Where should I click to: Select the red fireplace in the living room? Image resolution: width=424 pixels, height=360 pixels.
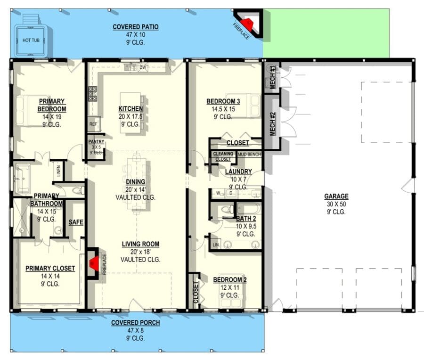pyautogui.click(x=95, y=263)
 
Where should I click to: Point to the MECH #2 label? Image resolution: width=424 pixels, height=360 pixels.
pyautogui.click(x=272, y=123)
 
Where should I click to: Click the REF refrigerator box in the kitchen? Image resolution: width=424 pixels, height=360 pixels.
pyautogui.click(x=92, y=124)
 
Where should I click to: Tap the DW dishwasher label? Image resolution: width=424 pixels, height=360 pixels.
pyautogui.click(x=142, y=68)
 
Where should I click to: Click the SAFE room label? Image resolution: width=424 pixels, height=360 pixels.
pyautogui.click(x=75, y=222)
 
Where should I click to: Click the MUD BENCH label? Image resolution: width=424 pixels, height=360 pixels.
pyautogui.click(x=249, y=154)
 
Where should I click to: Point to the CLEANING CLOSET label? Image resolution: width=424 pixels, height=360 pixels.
pyautogui.click(x=222, y=156)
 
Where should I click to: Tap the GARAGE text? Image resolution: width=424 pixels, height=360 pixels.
pyautogui.click(x=336, y=196)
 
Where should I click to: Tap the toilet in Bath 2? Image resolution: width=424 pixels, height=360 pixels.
pyautogui.click(x=226, y=209)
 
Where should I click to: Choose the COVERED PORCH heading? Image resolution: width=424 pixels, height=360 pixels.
pyautogui.click(x=135, y=323)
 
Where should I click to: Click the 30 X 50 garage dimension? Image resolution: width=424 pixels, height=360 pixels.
pyautogui.click(x=336, y=204)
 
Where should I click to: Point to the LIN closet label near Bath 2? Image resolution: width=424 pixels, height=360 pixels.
pyautogui.click(x=216, y=245)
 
